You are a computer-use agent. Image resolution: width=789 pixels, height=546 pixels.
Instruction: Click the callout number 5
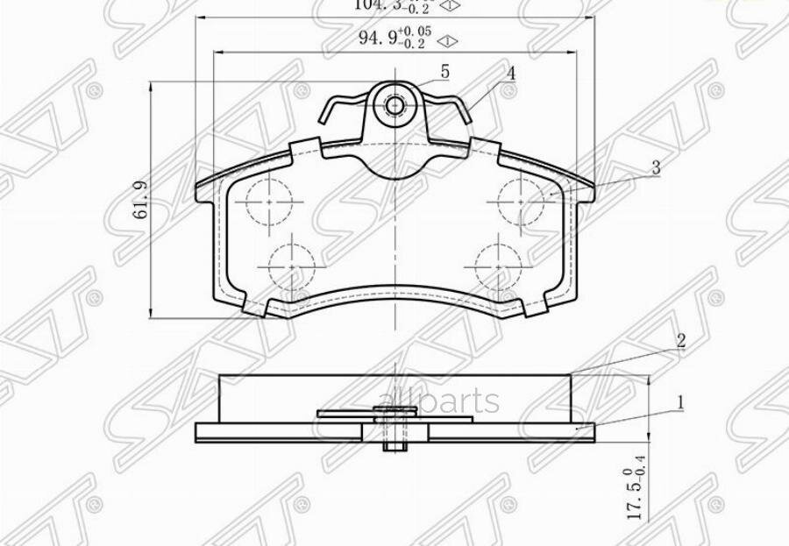444,72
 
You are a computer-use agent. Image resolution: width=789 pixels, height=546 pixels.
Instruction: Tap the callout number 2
679,342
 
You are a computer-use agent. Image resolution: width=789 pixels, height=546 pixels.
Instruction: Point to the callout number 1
679,404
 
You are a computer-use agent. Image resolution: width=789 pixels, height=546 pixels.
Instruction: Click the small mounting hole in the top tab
395,106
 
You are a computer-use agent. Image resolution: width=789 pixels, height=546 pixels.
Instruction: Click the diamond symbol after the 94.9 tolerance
447,40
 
